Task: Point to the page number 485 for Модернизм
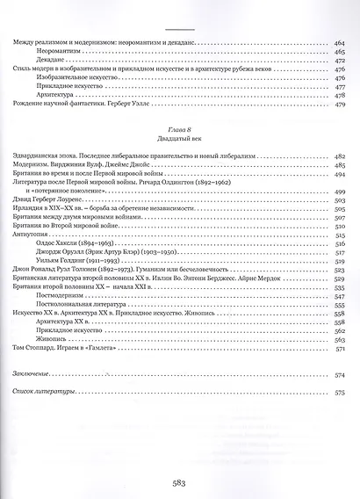pyautogui.click(x=341, y=165)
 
